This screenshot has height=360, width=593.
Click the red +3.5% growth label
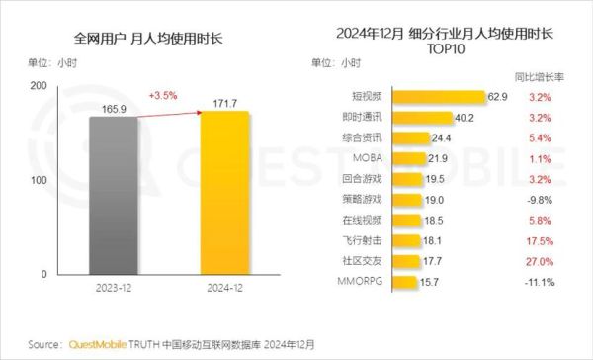162,96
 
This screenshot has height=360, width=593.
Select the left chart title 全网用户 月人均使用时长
148,40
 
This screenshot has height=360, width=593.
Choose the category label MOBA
360,158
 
